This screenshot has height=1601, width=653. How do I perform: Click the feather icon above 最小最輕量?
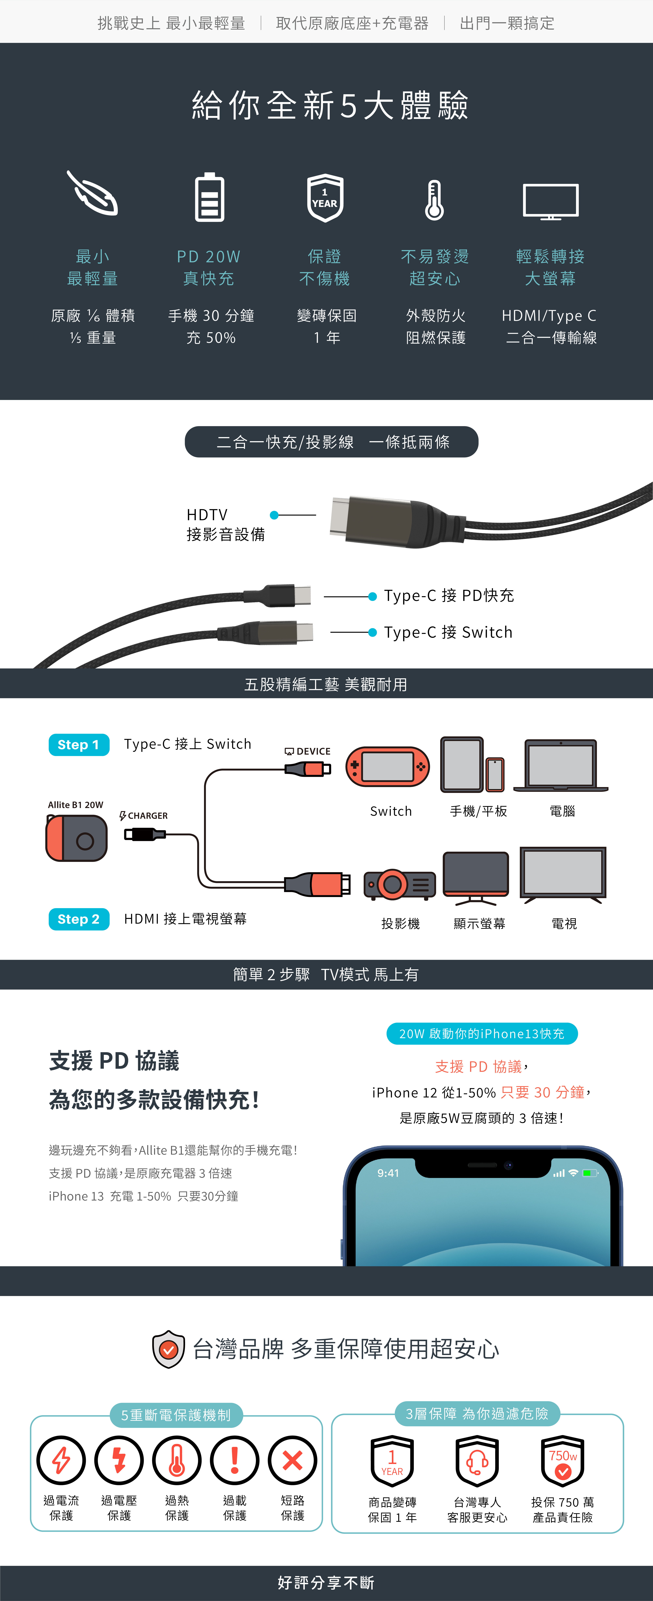click(93, 194)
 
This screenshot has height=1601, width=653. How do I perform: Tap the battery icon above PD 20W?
click(209, 198)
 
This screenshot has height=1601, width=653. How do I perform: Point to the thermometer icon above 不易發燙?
click(434, 200)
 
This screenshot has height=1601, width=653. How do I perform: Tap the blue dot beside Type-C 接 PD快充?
click(372, 597)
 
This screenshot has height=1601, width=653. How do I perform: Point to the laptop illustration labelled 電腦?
click(561, 766)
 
